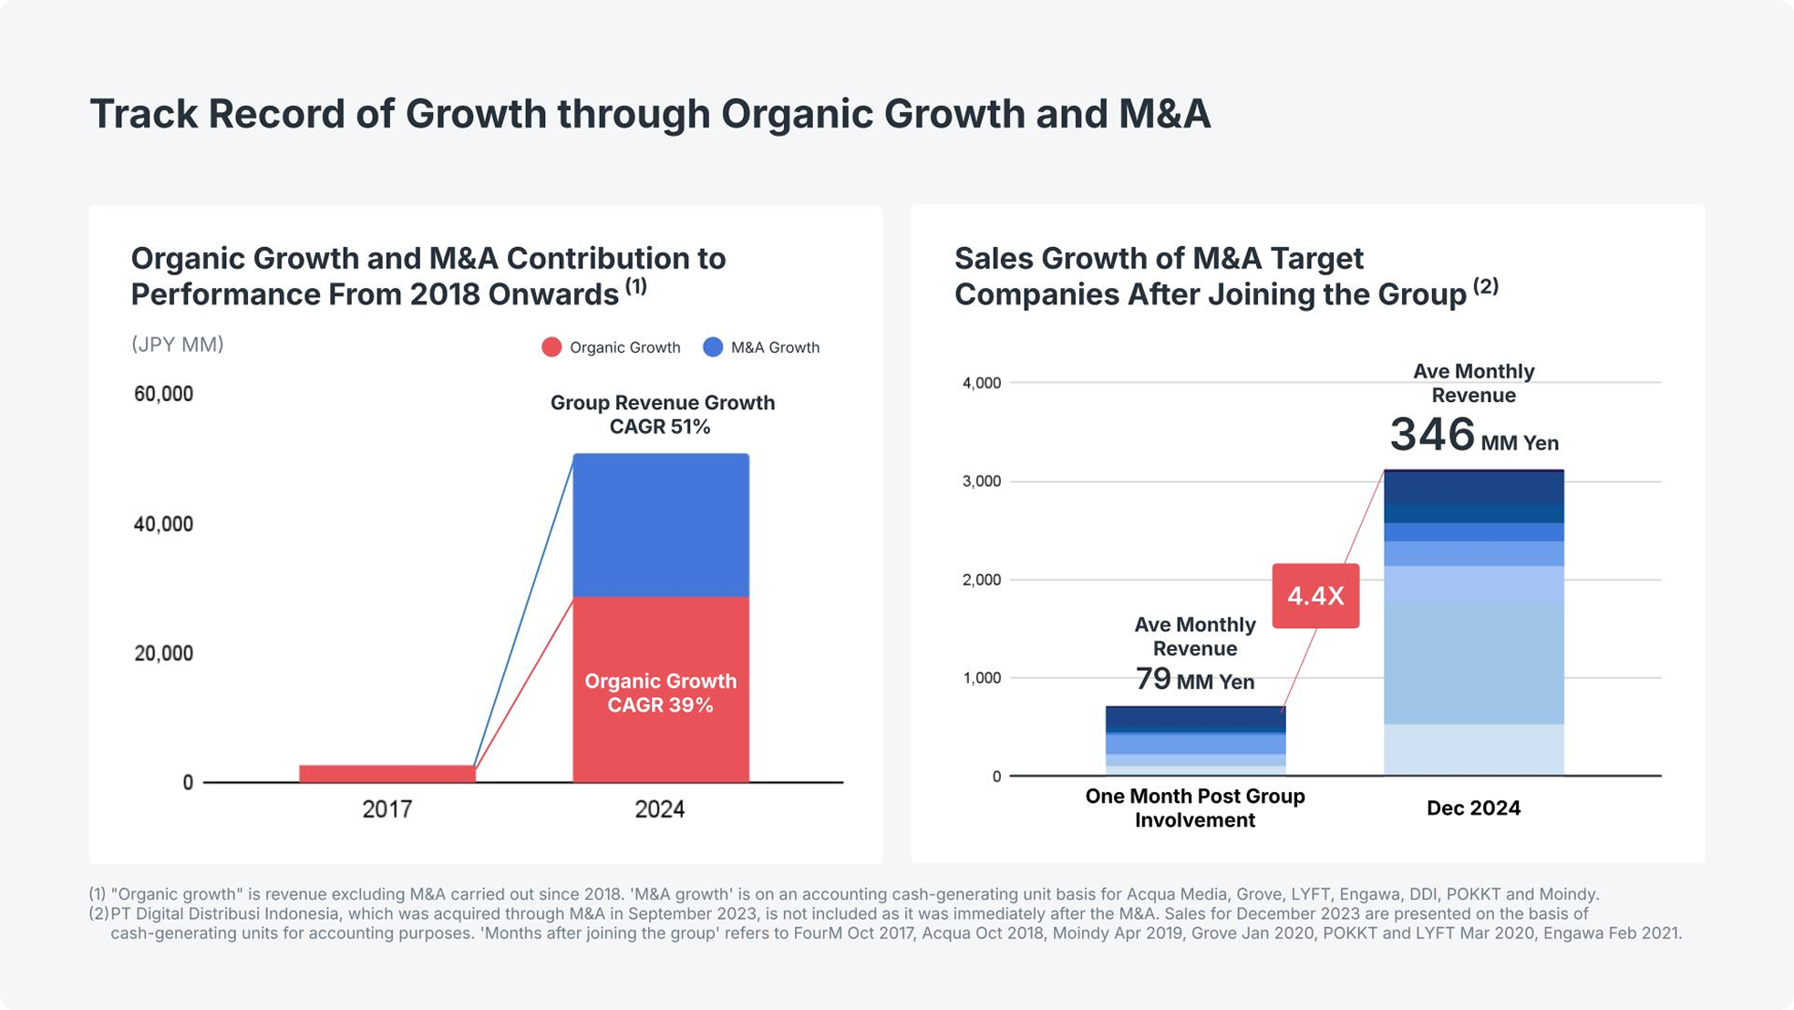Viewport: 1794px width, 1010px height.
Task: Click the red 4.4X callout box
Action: (1315, 596)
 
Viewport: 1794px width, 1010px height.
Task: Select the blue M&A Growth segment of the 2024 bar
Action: (661, 525)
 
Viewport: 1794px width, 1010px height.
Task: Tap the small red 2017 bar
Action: (387, 774)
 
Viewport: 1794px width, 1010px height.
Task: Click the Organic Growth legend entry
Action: (612, 347)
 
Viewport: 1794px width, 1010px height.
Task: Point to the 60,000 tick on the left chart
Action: (164, 394)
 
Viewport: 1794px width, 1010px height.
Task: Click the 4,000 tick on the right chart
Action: (982, 383)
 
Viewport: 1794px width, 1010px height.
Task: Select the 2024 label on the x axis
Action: (660, 809)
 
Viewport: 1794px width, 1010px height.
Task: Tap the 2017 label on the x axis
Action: (387, 809)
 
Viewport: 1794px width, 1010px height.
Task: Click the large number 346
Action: (1432, 435)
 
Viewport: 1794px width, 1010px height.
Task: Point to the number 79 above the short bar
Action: (1153, 679)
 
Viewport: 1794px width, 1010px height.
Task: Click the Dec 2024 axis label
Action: (1473, 809)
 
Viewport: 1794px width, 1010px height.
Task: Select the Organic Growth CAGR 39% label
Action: (661, 693)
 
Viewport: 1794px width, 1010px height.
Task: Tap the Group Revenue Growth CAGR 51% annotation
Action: (662, 415)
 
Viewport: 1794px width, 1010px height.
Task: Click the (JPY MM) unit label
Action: (178, 345)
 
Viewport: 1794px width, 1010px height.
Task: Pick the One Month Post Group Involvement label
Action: (1195, 808)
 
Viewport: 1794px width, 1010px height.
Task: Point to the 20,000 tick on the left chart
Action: (164, 654)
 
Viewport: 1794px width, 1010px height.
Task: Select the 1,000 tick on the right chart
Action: (982, 678)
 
